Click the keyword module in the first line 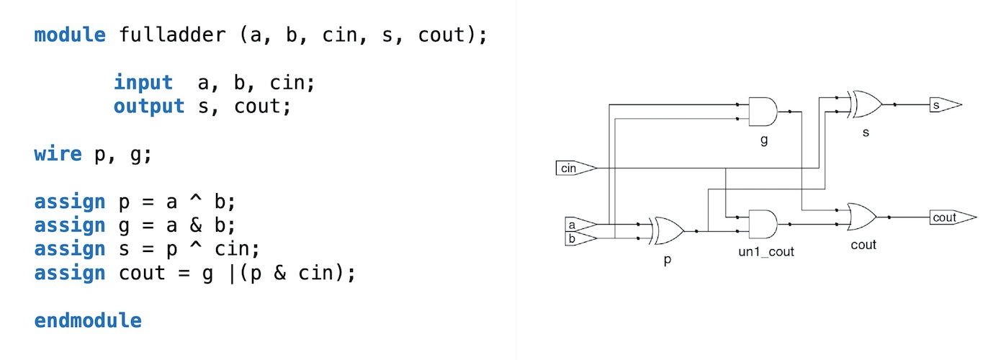pyautogui.click(x=70, y=35)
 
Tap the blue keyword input pyautogui.click(x=143, y=83)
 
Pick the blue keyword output pyautogui.click(x=149, y=107)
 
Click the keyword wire pyautogui.click(x=58, y=154)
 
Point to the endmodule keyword pyautogui.click(x=87, y=320)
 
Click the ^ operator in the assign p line pyautogui.click(x=199, y=202)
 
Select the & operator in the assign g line pyautogui.click(x=199, y=225)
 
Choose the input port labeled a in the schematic pyautogui.click(x=577, y=224)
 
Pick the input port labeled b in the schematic pyautogui.click(x=577, y=238)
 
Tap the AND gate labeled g pyautogui.click(x=763, y=112)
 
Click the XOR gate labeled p pyautogui.click(x=667, y=231)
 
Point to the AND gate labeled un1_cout pyautogui.click(x=763, y=224)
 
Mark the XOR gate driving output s pyautogui.click(x=865, y=104)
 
